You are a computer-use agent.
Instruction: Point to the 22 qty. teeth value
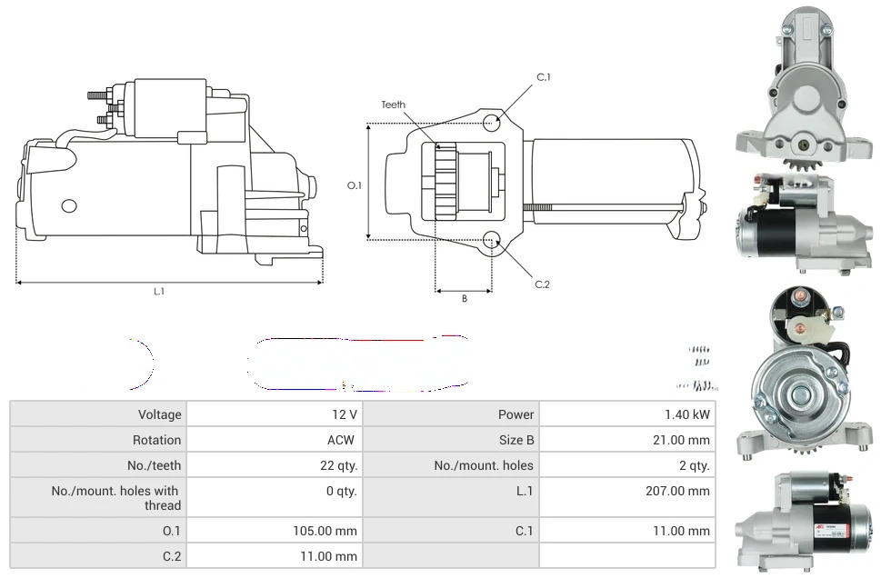332,465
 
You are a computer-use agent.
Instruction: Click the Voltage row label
159,414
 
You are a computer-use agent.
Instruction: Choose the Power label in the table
516,414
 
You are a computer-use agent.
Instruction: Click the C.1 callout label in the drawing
543,77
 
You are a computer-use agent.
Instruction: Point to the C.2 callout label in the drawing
542,284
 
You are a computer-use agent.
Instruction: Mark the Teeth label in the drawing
393,105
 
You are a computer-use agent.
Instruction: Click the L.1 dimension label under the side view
159,292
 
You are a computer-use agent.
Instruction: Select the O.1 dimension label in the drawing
355,185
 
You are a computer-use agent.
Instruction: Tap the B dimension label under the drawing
464,298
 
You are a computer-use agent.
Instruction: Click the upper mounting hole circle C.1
492,122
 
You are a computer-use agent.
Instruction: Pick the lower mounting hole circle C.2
492,240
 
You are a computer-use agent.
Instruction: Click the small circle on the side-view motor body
69,206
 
